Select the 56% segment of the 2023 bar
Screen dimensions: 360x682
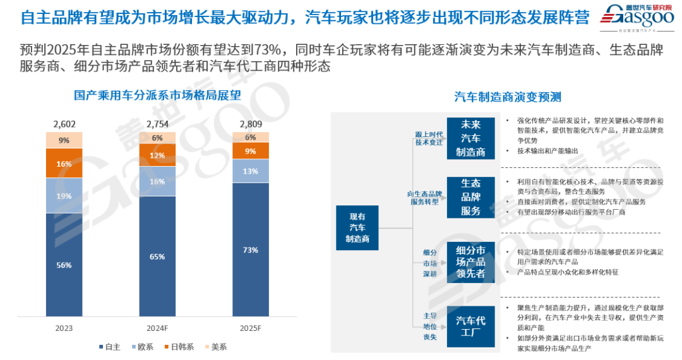point(64,265)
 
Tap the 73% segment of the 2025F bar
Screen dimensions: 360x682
point(250,249)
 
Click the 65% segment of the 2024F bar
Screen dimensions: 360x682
point(157,256)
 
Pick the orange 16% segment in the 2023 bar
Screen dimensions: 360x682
point(64,163)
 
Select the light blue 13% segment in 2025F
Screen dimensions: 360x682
point(250,171)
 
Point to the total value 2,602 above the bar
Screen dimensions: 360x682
point(64,123)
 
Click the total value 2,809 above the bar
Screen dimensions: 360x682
point(250,123)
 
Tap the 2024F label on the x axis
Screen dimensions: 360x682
point(157,328)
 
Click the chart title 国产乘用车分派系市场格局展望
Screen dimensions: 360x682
point(157,96)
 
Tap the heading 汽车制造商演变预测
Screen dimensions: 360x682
point(507,97)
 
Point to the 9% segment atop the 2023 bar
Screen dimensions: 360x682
point(64,140)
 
